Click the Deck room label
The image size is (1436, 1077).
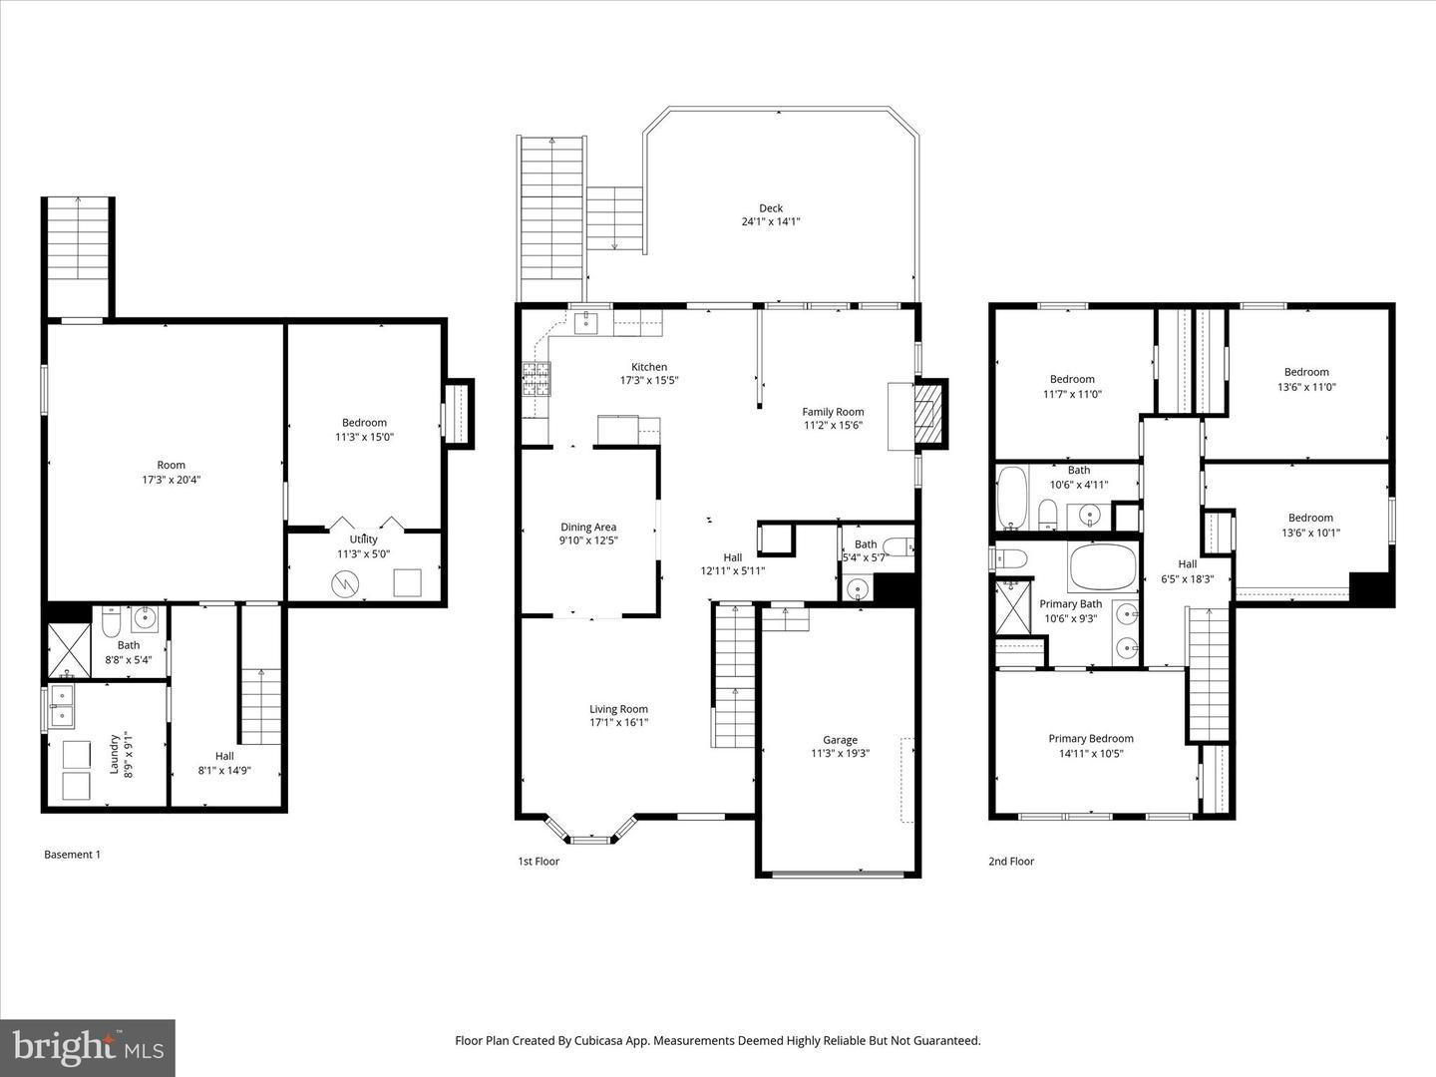(770, 208)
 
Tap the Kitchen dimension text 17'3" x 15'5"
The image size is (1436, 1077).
(649, 380)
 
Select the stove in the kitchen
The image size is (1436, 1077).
(535, 378)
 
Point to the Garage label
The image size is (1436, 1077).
(840, 740)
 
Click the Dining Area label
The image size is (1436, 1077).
(588, 528)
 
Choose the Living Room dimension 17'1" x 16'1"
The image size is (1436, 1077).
(618, 723)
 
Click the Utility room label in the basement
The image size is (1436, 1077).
(363, 539)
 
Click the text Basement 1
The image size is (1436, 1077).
(73, 855)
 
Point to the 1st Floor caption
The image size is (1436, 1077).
(538, 862)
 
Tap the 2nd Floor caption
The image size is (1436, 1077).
(1011, 862)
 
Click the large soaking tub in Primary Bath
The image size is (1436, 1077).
(1102, 569)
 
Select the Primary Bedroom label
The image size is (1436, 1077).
(1091, 739)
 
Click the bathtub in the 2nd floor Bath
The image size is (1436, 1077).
(1012, 499)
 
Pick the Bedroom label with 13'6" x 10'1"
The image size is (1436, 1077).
(1310, 518)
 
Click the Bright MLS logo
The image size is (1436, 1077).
(88, 1047)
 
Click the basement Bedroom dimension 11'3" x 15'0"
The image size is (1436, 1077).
(365, 437)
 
